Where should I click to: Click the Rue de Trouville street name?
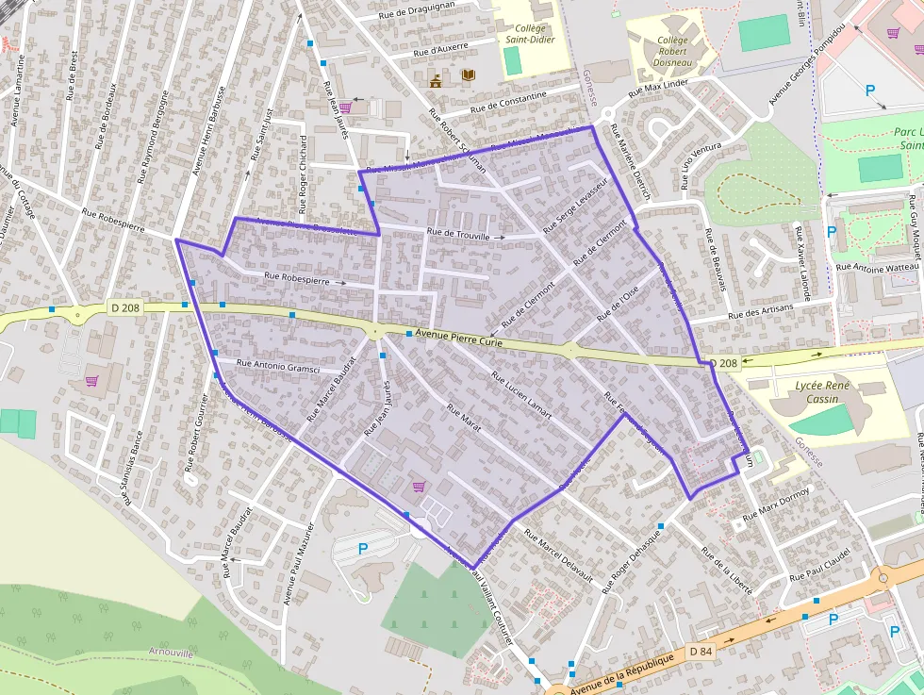coord(459,236)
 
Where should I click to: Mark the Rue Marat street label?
coord(464,420)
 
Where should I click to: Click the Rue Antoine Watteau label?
coord(872,269)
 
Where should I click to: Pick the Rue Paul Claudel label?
coord(820,564)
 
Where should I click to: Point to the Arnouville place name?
coord(170,653)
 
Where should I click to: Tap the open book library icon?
coord(469,75)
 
